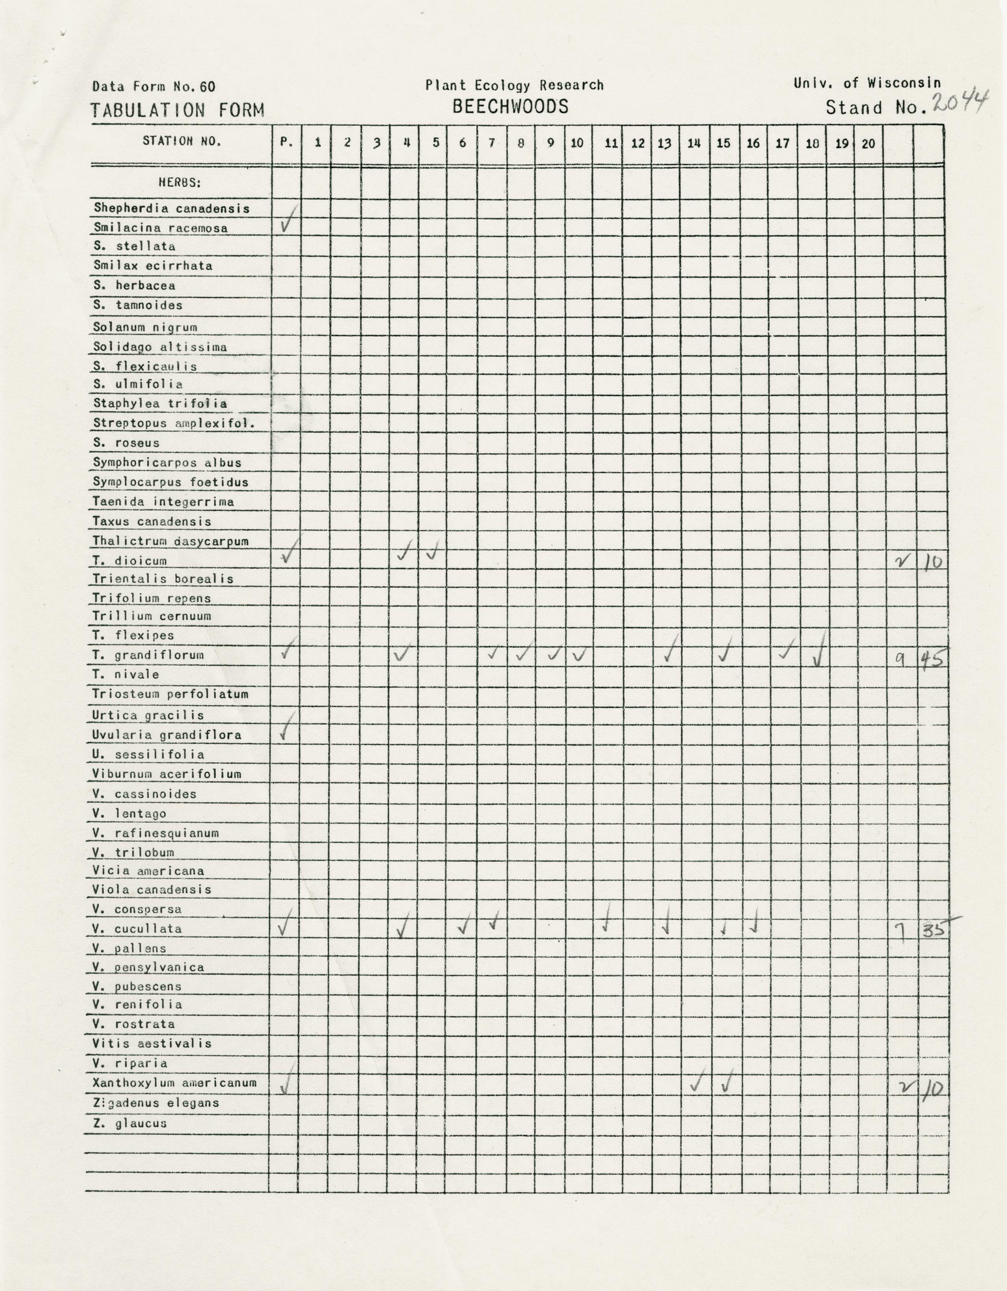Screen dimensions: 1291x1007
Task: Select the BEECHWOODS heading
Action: pyautogui.click(x=510, y=107)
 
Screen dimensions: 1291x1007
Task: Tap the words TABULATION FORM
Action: pyautogui.click(x=177, y=111)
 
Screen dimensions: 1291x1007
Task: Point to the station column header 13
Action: pyautogui.click(x=664, y=143)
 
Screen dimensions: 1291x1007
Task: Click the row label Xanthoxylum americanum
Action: pyautogui.click(x=175, y=1083)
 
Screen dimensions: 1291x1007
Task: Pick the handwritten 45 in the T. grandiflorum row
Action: pyautogui.click(x=932, y=657)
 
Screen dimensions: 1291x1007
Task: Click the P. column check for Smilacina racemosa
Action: pyautogui.click(x=286, y=222)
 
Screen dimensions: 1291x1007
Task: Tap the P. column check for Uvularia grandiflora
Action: pyautogui.click(x=286, y=729)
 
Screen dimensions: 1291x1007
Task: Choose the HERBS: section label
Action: pyautogui.click(x=180, y=183)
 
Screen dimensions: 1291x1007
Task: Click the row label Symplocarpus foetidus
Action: pyautogui.click(x=170, y=482)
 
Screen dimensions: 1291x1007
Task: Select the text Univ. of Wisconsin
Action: pyautogui.click(x=866, y=83)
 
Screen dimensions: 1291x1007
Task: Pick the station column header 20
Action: pyautogui.click(x=868, y=143)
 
